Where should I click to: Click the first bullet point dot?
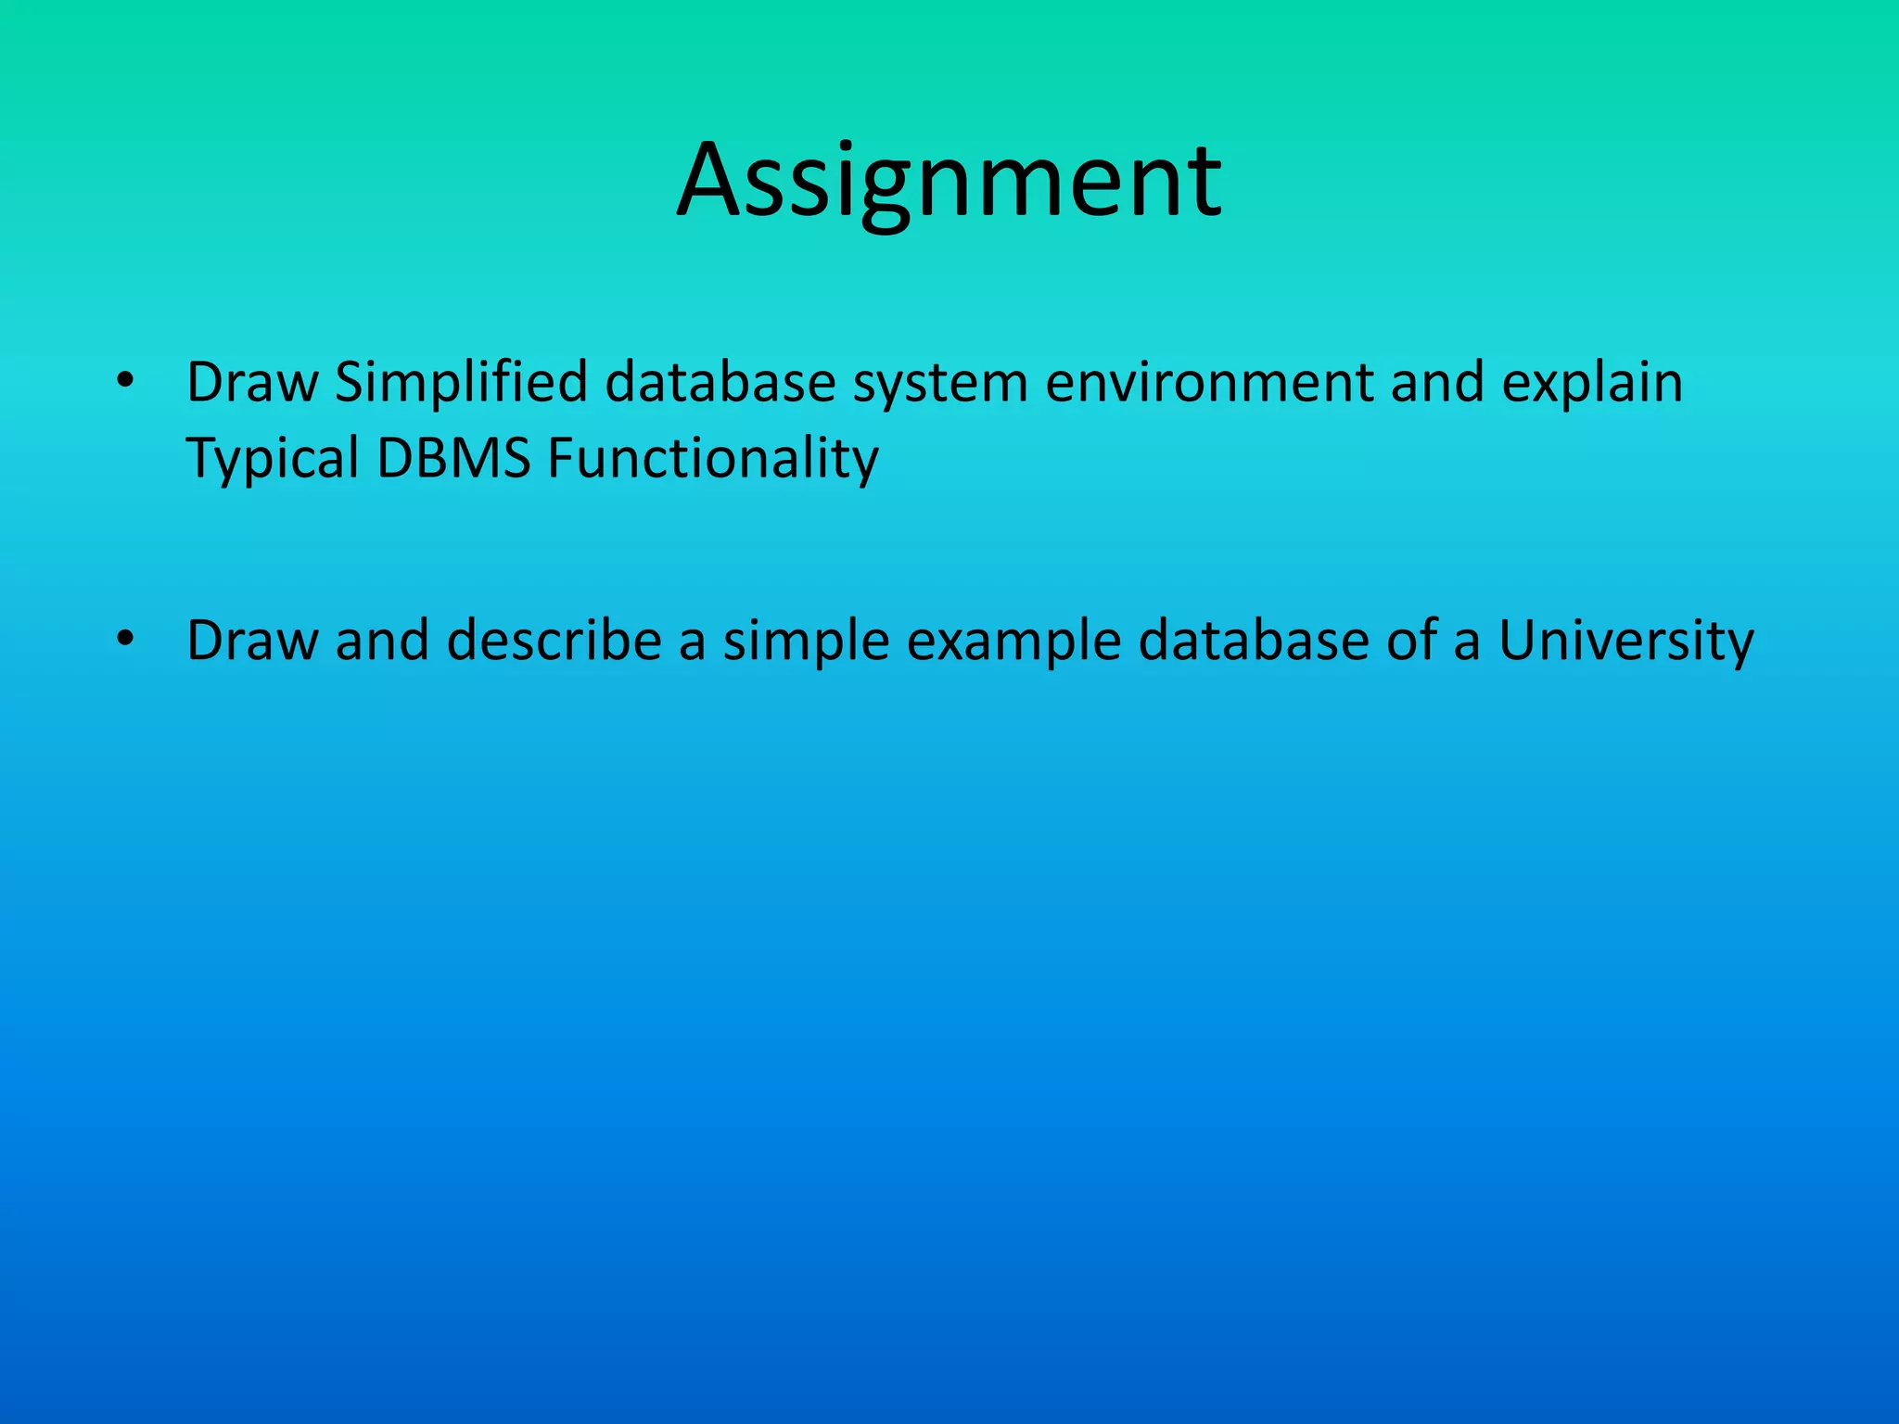(x=126, y=381)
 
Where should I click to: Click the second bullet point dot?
(x=126, y=640)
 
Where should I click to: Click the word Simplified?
(x=461, y=382)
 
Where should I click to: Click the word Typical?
(x=273, y=460)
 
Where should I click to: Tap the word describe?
(x=554, y=641)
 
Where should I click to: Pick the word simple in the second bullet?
(x=806, y=642)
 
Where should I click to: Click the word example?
(x=1013, y=642)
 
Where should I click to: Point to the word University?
(x=1625, y=642)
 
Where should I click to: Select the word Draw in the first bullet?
(x=252, y=382)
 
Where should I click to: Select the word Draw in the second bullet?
(x=252, y=641)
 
